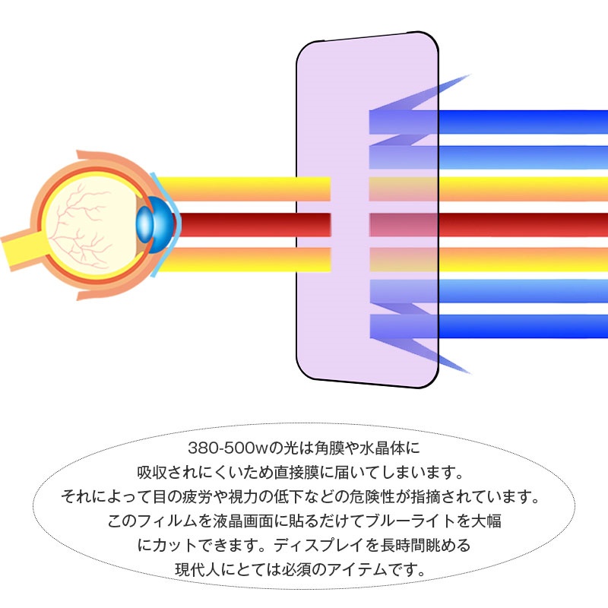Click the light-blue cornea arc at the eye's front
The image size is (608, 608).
(x=166, y=224)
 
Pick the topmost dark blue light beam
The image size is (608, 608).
(x=489, y=122)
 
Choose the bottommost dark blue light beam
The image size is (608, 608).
(x=489, y=326)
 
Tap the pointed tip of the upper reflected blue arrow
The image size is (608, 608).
(x=470, y=74)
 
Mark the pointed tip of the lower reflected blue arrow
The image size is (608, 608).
(x=470, y=374)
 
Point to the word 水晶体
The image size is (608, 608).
(x=382, y=448)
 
